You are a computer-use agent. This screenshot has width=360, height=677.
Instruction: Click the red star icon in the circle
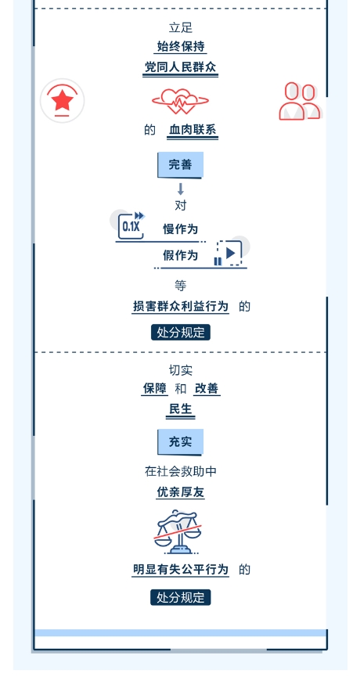[x=62, y=101]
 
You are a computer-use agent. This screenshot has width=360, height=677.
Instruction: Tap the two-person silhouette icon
[x=300, y=101]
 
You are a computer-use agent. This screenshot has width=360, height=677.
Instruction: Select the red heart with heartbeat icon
[x=181, y=102]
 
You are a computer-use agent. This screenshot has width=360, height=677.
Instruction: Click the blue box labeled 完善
[x=180, y=164]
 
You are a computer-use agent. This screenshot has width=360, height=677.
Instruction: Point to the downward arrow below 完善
[x=181, y=189]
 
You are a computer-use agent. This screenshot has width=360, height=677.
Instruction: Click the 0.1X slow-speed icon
[x=131, y=225]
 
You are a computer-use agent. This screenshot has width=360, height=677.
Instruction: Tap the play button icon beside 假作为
[x=229, y=253]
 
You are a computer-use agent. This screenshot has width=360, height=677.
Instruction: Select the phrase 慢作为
[x=181, y=229]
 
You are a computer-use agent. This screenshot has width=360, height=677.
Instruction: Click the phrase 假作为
[x=181, y=256]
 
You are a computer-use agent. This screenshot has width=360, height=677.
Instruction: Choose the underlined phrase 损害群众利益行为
[x=181, y=307]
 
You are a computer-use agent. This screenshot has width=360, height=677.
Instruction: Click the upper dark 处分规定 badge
[x=181, y=333]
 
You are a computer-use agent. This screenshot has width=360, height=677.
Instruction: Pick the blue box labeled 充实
[x=180, y=441]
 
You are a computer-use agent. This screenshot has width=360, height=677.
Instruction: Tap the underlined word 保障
[x=155, y=388]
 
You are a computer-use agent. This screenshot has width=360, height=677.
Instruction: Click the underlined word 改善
[x=207, y=388]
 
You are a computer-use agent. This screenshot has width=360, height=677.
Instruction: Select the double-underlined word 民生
[x=181, y=409]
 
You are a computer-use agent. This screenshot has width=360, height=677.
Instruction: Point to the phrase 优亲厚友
[x=181, y=492]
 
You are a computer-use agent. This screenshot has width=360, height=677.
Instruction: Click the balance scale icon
[x=178, y=532]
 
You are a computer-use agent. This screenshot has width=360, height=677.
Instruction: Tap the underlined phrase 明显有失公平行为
[x=181, y=570]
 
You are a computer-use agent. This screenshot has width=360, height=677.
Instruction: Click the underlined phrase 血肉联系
[x=193, y=130]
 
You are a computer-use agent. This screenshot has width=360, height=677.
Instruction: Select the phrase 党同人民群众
[x=181, y=67]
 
